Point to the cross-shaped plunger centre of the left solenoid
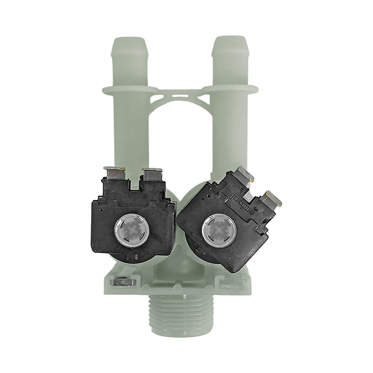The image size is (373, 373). point(131,228)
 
